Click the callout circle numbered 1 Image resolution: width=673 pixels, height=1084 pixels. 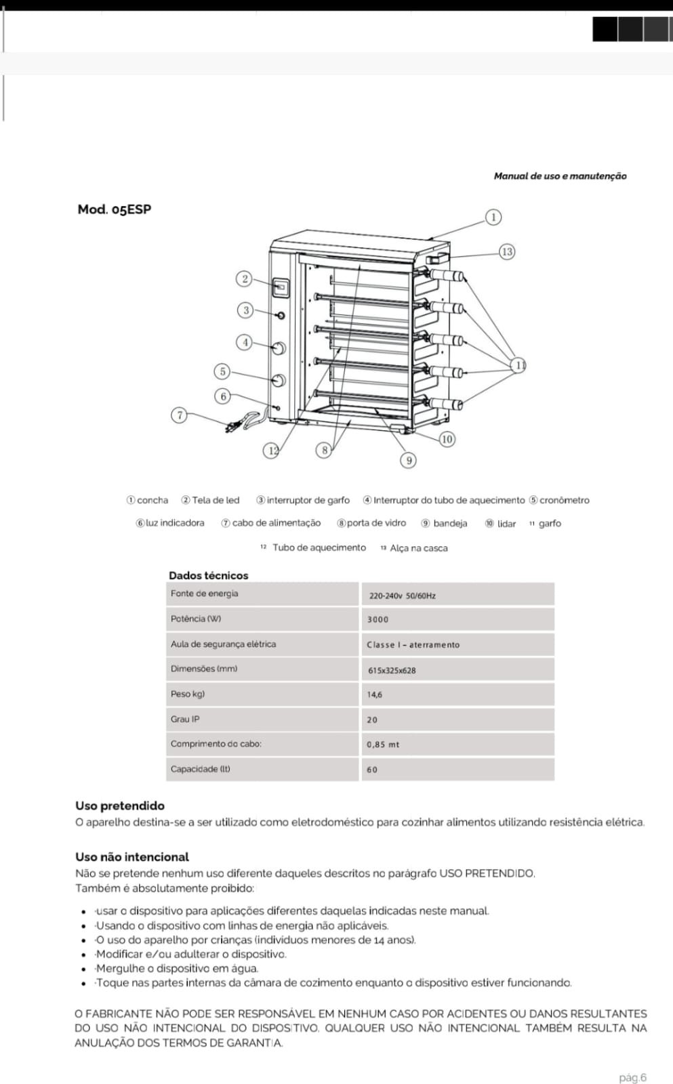(x=493, y=217)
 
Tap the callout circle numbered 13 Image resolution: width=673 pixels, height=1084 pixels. (x=507, y=251)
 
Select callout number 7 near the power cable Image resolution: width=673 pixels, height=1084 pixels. (x=180, y=415)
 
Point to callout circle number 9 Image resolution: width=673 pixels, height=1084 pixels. (x=409, y=460)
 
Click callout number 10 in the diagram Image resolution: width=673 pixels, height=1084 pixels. (x=447, y=439)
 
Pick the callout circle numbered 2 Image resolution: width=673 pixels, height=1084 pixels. (x=245, y=278)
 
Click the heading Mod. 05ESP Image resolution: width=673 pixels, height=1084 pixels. (x=114, y=209)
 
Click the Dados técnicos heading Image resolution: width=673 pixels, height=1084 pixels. (x=208, y=575)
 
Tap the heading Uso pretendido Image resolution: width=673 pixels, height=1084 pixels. (x=120, y=806)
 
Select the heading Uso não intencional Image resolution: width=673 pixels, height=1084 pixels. (x=132, y=856)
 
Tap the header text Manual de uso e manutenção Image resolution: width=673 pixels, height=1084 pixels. (x=560, y=176)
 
